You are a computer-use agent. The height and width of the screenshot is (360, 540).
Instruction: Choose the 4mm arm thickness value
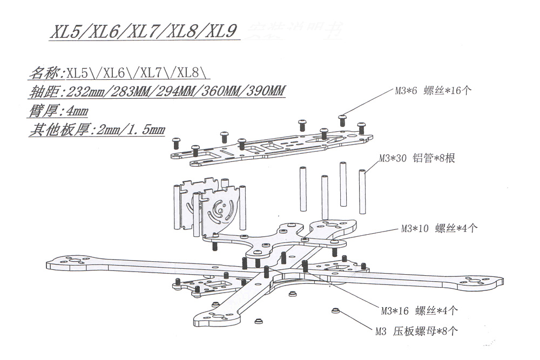76,111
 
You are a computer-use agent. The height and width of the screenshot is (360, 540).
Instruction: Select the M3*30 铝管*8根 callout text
417,159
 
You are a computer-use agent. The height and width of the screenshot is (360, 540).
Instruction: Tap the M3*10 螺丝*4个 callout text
439,228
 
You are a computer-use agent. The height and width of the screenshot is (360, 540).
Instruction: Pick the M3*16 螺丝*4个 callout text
419,310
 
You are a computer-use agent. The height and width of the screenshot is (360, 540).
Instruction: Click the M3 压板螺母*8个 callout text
416,331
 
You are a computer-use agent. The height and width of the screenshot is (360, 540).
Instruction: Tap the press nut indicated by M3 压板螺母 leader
335,311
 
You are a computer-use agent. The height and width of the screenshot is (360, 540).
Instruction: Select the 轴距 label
44,92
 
